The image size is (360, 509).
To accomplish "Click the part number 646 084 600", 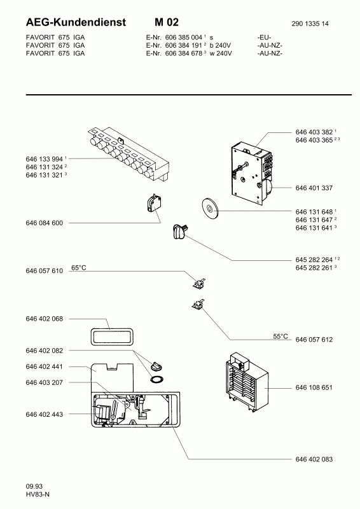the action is coord(44,223).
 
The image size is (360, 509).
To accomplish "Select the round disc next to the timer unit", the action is coord(210,207).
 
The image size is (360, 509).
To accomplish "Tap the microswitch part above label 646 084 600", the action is coord(154,204).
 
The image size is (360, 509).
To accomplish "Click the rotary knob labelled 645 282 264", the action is coord(179,232).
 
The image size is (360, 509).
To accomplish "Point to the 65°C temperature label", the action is coord(79,268).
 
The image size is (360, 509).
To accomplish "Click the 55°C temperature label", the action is coord(280,337).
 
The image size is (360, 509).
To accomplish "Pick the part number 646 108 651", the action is coord(314,387).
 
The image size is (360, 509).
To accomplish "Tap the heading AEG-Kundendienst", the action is coord(76,22).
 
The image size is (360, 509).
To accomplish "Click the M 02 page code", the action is coord(167,22).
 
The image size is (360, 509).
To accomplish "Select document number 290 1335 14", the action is coord(310,24).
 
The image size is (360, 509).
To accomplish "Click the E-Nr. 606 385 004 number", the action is coord(183,38).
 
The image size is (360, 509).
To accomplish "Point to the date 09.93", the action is coord(34,486).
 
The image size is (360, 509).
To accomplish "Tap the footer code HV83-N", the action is coord(38,494).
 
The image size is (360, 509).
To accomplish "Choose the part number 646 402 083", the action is coord(314,459).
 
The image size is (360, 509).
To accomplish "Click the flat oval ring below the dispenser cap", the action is coord(157,379).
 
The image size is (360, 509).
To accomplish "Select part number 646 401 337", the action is coord(314,188).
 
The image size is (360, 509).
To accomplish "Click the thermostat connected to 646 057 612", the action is coord(197,304).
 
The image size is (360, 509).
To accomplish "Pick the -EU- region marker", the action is coord(264,38).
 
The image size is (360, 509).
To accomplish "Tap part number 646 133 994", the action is coord(44,159).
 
